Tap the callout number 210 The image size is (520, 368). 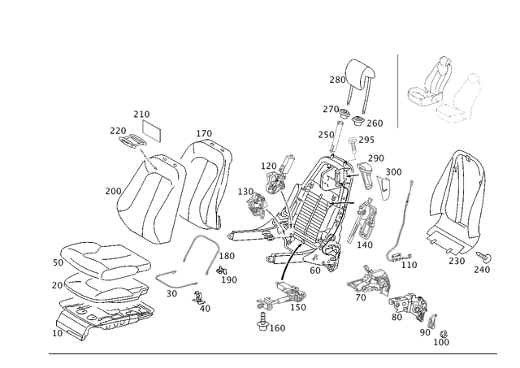pos(141,115)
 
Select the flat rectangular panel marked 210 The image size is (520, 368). pos(152,131)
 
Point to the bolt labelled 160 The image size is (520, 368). pos(262,322)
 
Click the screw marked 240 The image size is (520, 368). pos(484,257)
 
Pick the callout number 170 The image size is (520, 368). pos(204,133)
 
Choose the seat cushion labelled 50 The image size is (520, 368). pos(106,260)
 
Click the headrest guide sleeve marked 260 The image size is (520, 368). pos(358,121)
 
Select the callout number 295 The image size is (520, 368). pos(366,140)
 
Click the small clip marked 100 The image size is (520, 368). pos(443,334)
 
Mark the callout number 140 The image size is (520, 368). pos(365,245)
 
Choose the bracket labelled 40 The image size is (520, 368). pos(198,297)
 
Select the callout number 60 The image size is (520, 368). pos(315,271)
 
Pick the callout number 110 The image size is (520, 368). pos(409,265)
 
